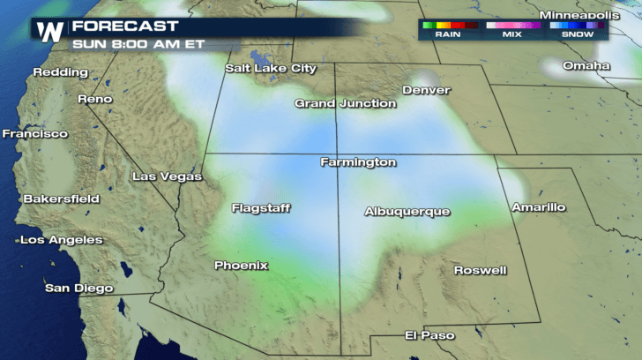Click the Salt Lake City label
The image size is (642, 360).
(x=270, y=68)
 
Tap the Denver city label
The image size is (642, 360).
(x=426, y=90)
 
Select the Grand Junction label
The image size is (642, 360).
(x=345, y=103)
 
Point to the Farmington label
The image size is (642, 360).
(x=357, y=162)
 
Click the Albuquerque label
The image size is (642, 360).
(x=407, y=212)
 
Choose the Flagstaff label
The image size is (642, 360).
(x=261, y=208)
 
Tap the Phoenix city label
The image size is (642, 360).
(x=241, y=265)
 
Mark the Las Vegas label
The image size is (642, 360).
(x=167, y=176)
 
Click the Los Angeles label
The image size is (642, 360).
(x=62, y=240)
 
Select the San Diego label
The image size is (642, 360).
(x=79, y=288)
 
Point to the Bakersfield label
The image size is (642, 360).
(x=61, y=199)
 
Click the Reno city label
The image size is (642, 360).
(x=95, y=99)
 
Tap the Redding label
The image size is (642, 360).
(x=61, y=71)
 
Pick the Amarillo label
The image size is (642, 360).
(x=538, y=207)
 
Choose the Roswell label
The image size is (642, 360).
(x=480, y=270)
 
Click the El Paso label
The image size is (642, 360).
(x=429, y=335)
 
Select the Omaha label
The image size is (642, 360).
(x=586, y=65)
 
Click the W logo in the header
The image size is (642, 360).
(x=49, y=30)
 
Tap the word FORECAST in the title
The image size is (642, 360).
(x=125, y=26)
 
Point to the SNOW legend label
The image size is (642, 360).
(x=578, y=34)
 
